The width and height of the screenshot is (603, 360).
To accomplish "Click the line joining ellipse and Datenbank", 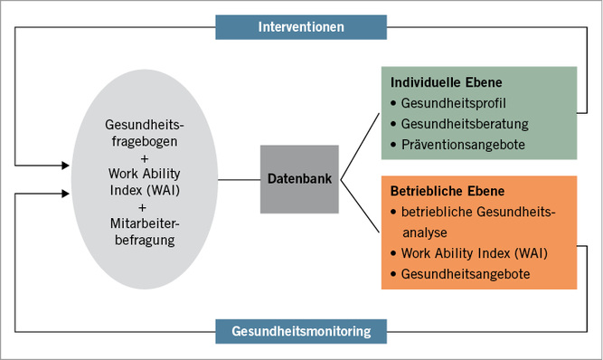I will pyautogui.click(x=239, y=179).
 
